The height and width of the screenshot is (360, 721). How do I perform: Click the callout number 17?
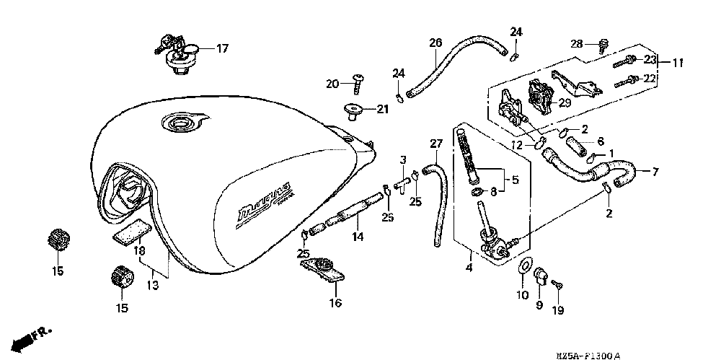(222, 49)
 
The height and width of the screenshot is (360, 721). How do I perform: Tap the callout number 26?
(435, 43)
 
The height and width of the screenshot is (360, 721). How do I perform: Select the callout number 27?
(435, 144)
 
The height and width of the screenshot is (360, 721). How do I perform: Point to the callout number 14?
(356, 236)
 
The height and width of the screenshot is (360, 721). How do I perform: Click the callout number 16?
(335, 303)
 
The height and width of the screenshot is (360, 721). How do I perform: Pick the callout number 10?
(523, 294)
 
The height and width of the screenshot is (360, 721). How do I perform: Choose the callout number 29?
(565, 104)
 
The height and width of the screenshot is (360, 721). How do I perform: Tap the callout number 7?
(655, 172)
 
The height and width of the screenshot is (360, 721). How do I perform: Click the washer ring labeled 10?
(523, 268)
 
